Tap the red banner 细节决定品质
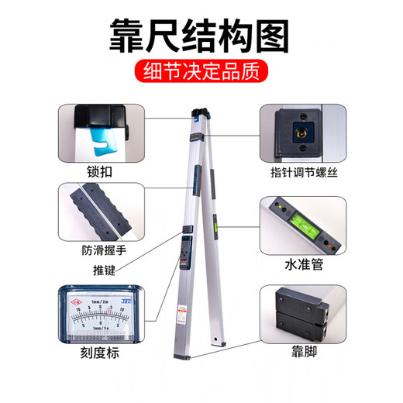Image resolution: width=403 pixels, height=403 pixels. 201,73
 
